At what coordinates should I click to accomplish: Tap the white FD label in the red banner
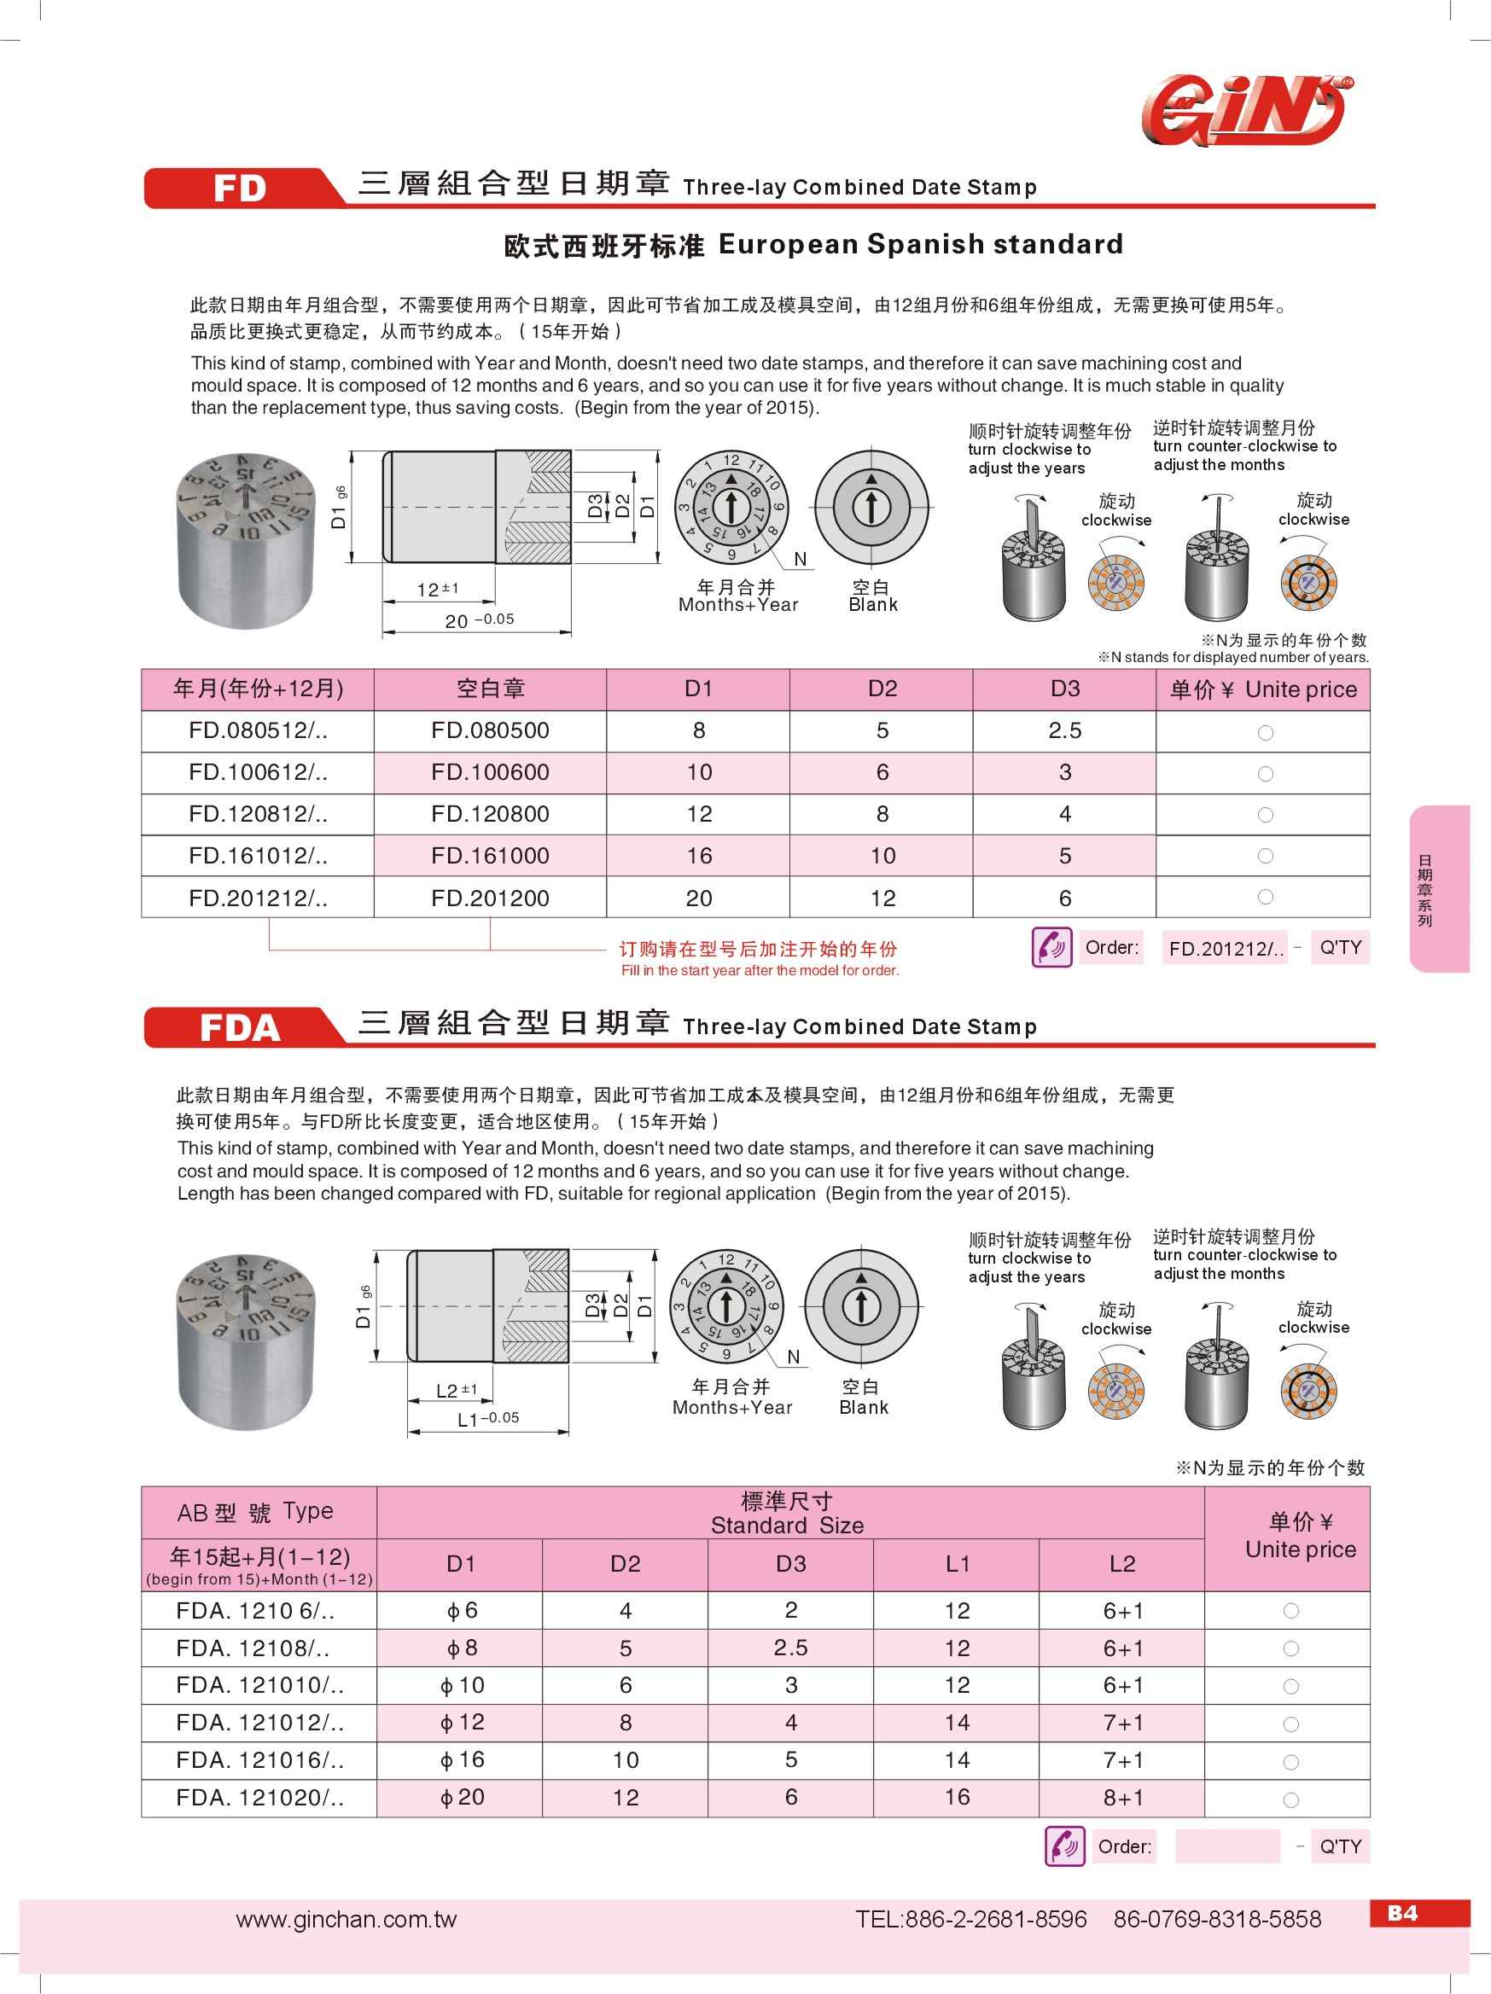(240, 189)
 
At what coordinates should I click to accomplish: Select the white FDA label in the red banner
(240, 1027)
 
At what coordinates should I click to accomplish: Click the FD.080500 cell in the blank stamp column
(490, 730)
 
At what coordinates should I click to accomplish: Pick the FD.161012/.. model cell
(258, 856)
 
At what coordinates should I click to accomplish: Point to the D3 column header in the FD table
(1064, 689)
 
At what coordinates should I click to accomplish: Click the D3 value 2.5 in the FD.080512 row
(1064, 730)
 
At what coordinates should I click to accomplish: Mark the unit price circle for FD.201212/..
(1266, 897)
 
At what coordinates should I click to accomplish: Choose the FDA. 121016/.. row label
(259, 1759)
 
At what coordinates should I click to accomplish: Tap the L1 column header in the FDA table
(957, 1564)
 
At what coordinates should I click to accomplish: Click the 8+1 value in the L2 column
(1122, 1798)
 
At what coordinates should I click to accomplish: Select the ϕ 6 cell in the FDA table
(462, 1610)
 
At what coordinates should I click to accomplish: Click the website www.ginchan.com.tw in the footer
(347, 1919)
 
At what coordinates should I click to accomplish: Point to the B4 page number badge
(1401, 1913)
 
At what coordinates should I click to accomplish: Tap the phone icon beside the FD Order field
(1051, 947)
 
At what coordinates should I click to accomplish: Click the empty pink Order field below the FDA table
(1227, 1846)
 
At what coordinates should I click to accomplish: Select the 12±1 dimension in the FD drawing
(438, 590)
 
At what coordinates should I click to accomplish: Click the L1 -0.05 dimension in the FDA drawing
(487, 1419)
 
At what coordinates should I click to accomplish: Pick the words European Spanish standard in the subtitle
(920, 244)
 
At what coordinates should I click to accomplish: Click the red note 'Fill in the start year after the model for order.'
(760, 971)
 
